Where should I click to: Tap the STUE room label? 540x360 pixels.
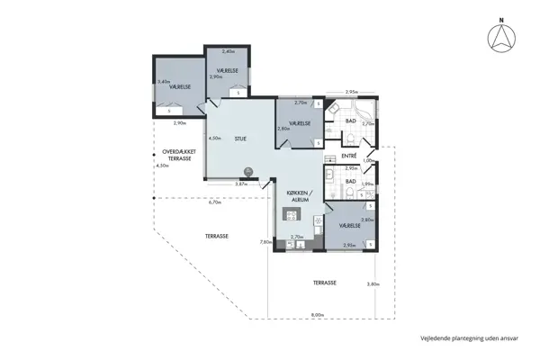coord(240,139)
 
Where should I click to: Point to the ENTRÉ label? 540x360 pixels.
coord(350,156)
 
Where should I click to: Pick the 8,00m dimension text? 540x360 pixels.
coord(317,314)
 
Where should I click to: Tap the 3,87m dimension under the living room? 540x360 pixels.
coord(241,184)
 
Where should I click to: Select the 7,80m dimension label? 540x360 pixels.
coord(265,242)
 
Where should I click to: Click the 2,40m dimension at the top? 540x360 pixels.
coord(228,51)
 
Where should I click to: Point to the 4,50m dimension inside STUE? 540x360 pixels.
coord(214,139)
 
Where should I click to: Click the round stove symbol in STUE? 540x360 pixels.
coord(247,174)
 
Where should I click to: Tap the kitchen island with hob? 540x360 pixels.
coord(291,214)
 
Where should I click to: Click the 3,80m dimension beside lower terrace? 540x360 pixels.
coord(373,284)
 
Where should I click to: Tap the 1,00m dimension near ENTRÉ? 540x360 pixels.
coord(367,161)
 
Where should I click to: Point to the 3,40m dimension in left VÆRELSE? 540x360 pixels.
coord(163,82)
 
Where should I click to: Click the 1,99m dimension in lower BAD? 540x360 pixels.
coord(366,184)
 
